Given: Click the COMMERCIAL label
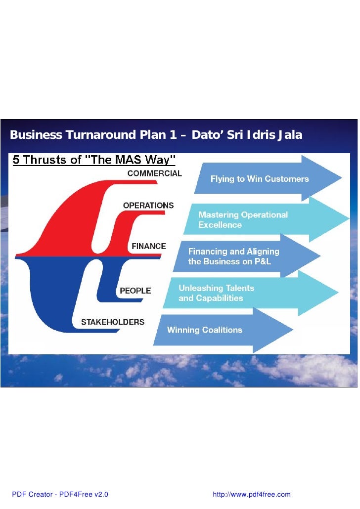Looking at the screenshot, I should (154, 173).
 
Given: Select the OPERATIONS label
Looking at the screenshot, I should (148, 205).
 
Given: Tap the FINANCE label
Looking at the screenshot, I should (148, 246).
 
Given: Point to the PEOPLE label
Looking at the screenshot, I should (135, 291).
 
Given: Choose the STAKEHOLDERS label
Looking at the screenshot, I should (113, 322).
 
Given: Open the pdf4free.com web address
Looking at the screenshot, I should (251, 495).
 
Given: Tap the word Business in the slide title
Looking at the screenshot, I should (36, 135).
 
